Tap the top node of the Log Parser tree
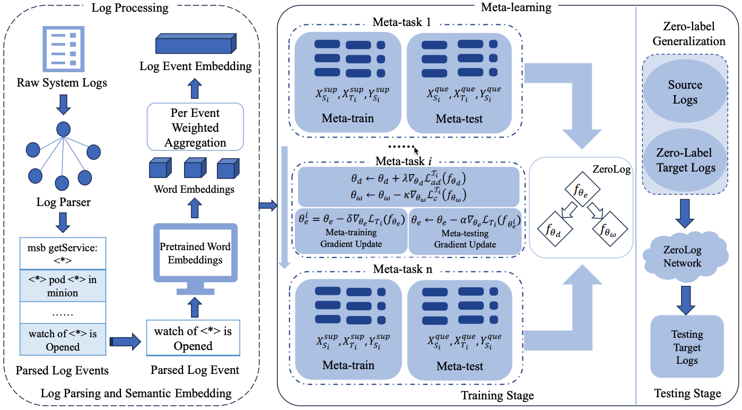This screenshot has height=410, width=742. coord(64,129)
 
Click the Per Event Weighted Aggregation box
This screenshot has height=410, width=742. coord(195,128)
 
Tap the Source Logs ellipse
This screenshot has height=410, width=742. coord(685,92)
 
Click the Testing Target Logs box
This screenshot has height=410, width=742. coord(687,347)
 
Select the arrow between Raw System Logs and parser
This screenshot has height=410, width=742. coord(63,105)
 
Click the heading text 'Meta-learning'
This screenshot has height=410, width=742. coord(516,7)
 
